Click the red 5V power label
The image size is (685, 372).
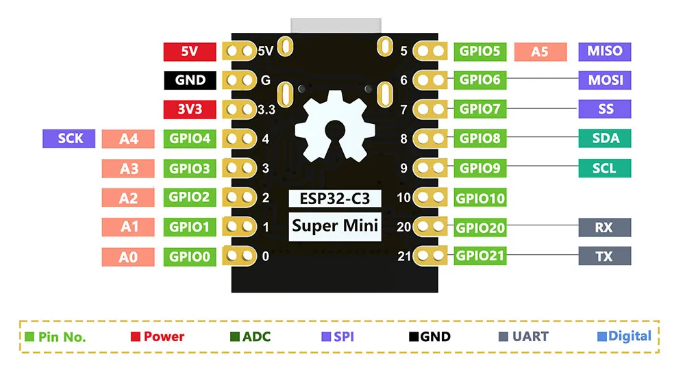click(190, 51)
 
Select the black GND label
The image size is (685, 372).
click(190, 80)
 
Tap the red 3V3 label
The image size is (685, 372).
click(190, 110)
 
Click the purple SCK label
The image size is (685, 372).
click(71, 138)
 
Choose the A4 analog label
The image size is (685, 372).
click(129, 139)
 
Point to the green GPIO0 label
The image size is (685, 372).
click(190, 257)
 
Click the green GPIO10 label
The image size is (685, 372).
click(480, 199)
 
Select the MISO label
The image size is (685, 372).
click(605, 51)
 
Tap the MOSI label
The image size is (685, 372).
click(605, 80)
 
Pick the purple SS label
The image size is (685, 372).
click(605, 109)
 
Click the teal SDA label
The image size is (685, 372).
click(605, 138)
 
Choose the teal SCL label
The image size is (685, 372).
click(605, 168)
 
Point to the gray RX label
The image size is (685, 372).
click(605, 227)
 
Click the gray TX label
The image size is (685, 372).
click(605, 257)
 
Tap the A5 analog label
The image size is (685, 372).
click(540, 51)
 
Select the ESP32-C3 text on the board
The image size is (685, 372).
click(335, 199)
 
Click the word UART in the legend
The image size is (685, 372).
click(530, 336)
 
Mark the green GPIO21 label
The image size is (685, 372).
click(480, 256)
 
